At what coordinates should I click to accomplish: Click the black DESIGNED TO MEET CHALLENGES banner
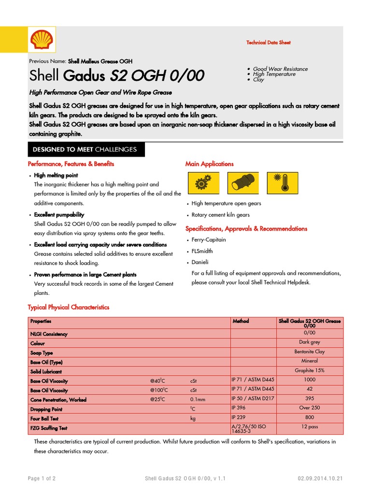(x=85, y=149)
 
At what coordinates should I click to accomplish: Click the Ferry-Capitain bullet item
(x=209, y=240)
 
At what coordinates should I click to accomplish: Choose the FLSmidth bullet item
(x=202, y=251)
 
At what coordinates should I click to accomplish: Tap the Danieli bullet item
(x=200, y=262)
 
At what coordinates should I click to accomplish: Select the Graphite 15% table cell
(x=310, y=371)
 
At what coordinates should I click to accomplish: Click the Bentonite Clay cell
(x=310, y=352)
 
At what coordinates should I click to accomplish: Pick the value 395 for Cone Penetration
(x=310, y=399)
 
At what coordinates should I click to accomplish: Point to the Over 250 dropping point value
(x=310, y=408)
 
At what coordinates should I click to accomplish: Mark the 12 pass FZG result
(x=310, y=427)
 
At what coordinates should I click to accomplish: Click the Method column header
(x=241, y=321)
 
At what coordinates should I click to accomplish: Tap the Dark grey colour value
(x=310, y=342)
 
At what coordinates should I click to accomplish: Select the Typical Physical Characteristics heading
(x=69, y=307)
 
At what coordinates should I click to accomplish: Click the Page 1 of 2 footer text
(x=42, y=479)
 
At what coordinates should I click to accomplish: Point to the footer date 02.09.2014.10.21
(x=320, y=479)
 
